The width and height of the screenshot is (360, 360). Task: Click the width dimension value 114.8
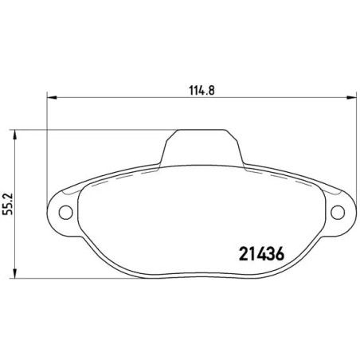[x=197, y=90]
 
